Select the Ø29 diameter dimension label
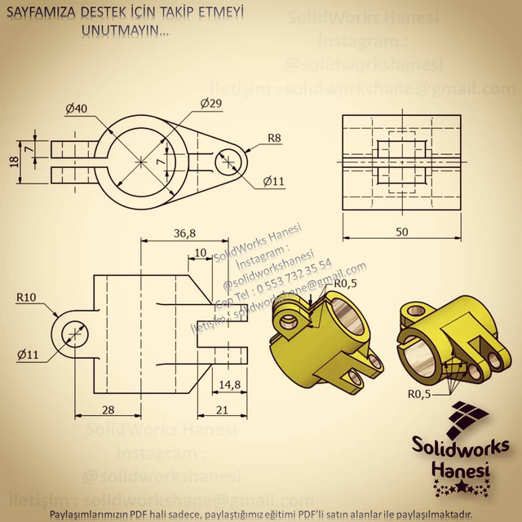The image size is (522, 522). coord(210,103)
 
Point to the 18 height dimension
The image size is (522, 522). coord(13,161)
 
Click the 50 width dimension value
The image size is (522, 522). coord(401,232)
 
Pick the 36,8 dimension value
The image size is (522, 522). coord(184,233)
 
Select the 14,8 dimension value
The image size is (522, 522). coord(229,384)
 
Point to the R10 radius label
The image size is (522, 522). coord(24,299)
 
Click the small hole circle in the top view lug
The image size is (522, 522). coord(228,161)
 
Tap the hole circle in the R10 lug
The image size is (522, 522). coord(73,334)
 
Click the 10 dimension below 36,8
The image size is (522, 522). coord(201,254)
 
